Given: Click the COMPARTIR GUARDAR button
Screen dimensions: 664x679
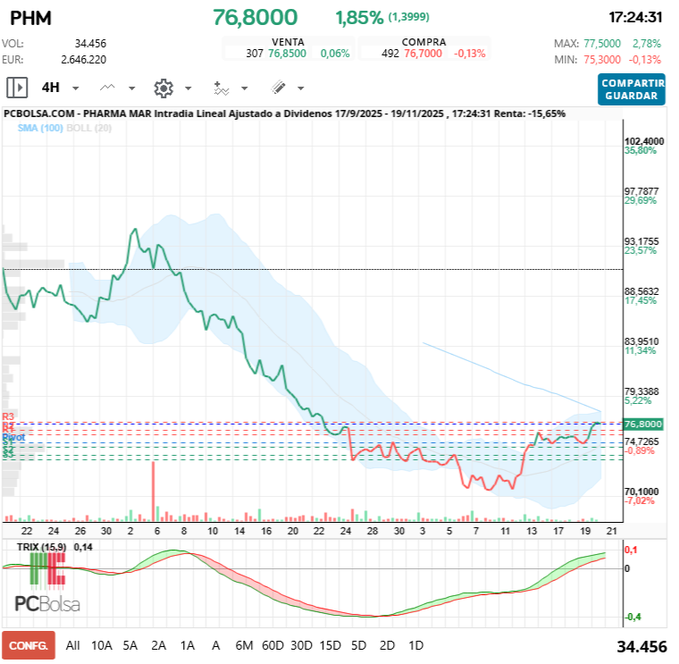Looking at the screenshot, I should (x=633, y=88).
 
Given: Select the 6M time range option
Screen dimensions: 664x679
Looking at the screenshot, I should (x=243, y=645).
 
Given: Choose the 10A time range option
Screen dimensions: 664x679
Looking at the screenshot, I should (x=102, y=645).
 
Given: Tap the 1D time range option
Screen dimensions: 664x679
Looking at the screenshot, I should (x=415, y=645).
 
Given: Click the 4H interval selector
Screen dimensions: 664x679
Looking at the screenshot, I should (x=51, y=88).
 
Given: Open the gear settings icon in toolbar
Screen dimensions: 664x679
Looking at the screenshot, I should (x=163, y=88).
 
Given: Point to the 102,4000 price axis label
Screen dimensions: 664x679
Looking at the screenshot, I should (x=643, y=141).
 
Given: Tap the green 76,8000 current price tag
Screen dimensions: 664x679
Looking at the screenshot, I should (x=643, y=424).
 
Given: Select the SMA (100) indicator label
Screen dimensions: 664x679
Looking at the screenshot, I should (x=39, y=129).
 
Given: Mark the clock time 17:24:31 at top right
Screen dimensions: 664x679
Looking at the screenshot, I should (x=634, y=17).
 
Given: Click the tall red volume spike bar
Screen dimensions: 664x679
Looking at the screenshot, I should (x=154, y=490).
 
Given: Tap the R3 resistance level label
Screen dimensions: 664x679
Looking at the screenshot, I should (x=9, y=417).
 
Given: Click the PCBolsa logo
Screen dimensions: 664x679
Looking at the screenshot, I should (x=46, y=603).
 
